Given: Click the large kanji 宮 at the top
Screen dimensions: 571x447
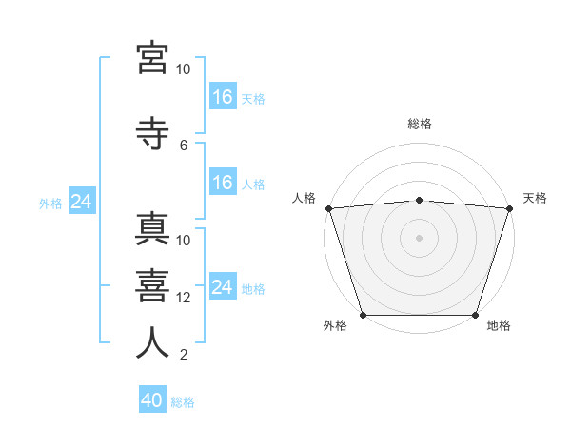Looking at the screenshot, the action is tap(152, 58).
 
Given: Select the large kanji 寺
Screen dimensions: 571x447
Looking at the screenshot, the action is tap(152, 133).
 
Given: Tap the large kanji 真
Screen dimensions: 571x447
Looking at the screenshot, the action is tap(152, 228).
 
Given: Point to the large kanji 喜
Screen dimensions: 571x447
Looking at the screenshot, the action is tap(152, 286).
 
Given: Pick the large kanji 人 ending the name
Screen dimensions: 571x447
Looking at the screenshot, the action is tap(152, 342).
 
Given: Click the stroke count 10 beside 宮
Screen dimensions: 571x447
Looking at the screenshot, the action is tap(183, 69).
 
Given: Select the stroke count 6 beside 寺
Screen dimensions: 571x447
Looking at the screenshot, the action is tap(184, 146).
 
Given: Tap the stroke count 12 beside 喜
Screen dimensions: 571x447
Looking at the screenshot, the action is tap(183, 298).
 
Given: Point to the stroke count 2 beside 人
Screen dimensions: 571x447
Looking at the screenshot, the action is tap(184, 355).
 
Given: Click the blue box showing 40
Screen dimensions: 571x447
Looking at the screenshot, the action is tap(152, 398).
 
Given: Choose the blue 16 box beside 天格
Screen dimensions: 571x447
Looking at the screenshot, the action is tap(224, 96).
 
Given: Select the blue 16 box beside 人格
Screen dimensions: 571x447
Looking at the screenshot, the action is tap(224, 182).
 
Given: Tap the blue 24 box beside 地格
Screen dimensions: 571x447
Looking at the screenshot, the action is tap(224, 285).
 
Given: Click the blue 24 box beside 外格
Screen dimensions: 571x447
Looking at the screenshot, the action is tap(82, 201).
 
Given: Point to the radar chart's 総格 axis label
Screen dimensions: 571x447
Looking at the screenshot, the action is tap(420, 124).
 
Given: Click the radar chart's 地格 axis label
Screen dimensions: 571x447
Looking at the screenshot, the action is tap(499, 325).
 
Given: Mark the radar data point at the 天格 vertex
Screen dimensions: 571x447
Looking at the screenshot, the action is tap(510, 208).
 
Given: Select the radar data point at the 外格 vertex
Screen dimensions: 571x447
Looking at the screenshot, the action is tap(364, 315).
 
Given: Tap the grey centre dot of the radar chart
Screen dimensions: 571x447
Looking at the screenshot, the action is tap(419, 238).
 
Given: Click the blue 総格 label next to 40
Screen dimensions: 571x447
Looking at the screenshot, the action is tap(183, 402).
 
